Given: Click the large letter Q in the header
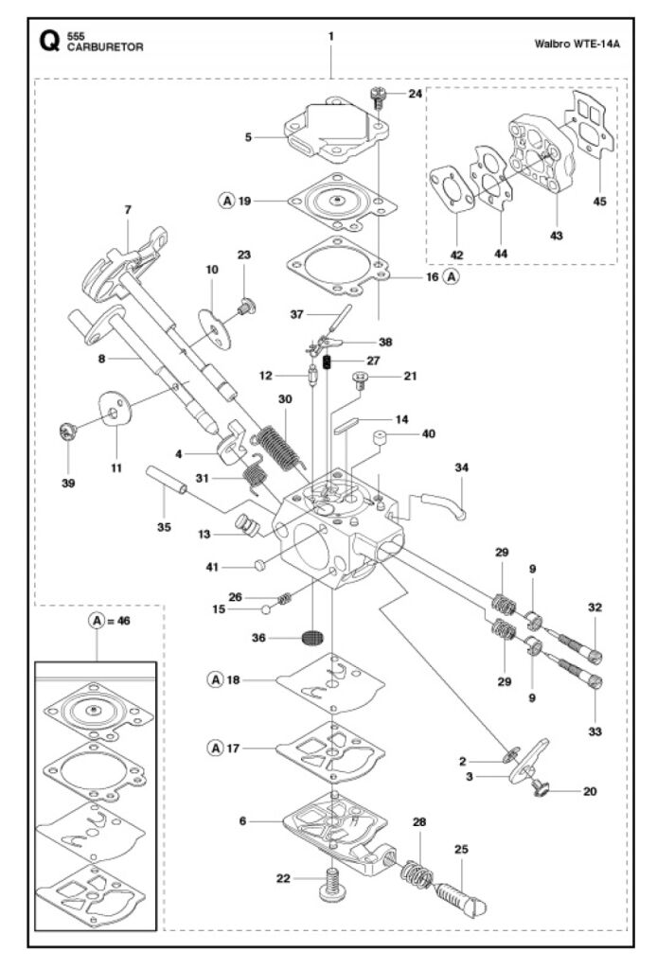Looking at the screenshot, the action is coord(49,42).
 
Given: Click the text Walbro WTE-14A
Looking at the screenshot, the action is coord(577,44).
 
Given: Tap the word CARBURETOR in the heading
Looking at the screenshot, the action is coord(105,47).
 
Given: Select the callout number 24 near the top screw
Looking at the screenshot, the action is coord(416,94).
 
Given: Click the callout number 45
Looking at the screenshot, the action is coord(599,202).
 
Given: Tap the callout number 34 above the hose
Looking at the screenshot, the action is coord(462,467).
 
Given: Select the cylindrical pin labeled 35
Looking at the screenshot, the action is coord(167,480).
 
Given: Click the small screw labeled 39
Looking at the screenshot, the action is coord(67,431).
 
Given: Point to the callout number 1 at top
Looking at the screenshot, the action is coord(331,37).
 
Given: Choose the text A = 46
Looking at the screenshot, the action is coord(110,621).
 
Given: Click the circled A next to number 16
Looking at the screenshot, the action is coord(453,277).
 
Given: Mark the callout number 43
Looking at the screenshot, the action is coord(557,236).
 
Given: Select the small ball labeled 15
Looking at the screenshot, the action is coord(265,610).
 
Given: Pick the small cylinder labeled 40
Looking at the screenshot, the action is coord(381,440).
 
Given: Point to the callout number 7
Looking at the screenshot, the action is coord(128,210).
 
